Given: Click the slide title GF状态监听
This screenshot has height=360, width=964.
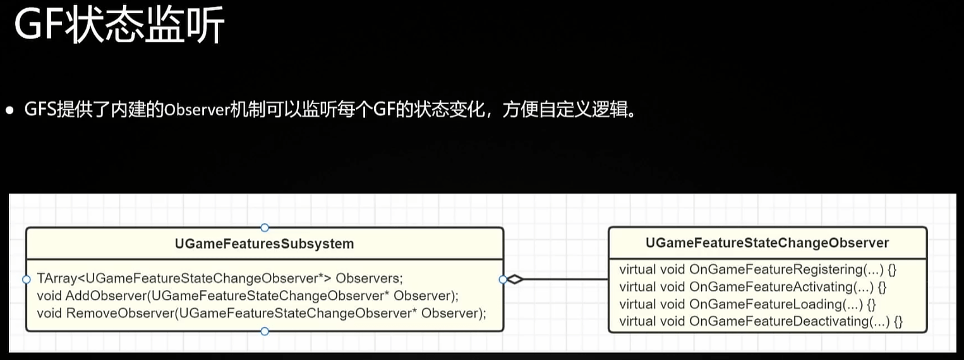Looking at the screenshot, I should tap(119, 27).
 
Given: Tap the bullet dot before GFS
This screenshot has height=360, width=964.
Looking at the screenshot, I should tap(9, 111).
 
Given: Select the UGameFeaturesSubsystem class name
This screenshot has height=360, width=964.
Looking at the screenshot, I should tap(264, 244).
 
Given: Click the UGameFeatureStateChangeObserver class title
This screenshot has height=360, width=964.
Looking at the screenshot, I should tap(768, 243).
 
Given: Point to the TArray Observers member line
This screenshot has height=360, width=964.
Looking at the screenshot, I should tap(220, 278).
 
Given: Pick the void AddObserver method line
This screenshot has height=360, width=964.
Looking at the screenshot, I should tap(248, 295).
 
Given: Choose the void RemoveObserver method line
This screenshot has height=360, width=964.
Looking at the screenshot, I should tap(262, 313).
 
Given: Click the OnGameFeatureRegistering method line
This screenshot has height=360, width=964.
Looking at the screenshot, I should tap(758, 270).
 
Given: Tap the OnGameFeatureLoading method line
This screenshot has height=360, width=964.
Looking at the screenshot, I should tap(747, 304).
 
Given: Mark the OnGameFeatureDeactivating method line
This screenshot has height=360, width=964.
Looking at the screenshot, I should tap(761, 321).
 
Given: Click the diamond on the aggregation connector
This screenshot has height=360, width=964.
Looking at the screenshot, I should tap(515, 279).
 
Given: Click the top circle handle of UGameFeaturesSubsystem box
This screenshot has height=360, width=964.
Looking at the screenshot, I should tap(265, 227).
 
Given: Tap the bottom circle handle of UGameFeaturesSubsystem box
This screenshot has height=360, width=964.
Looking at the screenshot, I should tap(265, 331).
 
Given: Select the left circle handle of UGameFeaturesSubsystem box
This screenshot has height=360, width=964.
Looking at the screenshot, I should tap(26, 279).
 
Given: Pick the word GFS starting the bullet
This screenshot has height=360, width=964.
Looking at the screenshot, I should tap(40, 111).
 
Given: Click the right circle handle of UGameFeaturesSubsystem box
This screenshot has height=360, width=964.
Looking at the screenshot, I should tap(503, 279).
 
